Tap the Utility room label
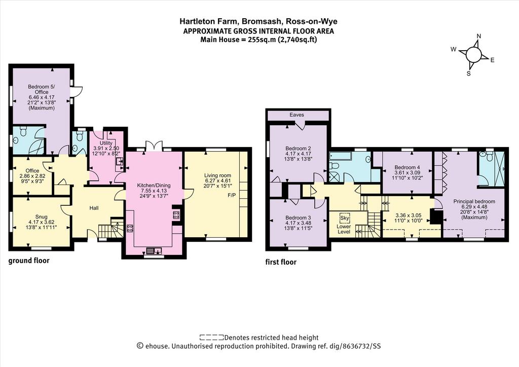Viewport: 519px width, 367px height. click(106, 143)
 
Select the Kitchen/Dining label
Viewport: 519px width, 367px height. click(154, 186)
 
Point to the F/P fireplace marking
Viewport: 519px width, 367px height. click(232, 195)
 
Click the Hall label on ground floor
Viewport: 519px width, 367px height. click(94, 208)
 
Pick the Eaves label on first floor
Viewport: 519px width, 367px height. click(296, 115)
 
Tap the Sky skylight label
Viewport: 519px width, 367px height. click(344, 218)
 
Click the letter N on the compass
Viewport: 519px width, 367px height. click(478, 36)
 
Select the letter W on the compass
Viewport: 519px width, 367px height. click(454, 50)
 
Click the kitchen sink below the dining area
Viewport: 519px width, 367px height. click(154, 250)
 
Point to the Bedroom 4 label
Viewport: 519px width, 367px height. click(407, 167)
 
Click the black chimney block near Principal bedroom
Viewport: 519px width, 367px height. click(435, 217)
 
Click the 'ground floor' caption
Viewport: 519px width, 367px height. click(29, 261)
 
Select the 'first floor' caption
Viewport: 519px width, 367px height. click(281, 263)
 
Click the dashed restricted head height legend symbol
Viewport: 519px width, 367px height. click(211, 338)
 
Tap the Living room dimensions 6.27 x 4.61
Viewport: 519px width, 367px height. click(217, 180)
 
